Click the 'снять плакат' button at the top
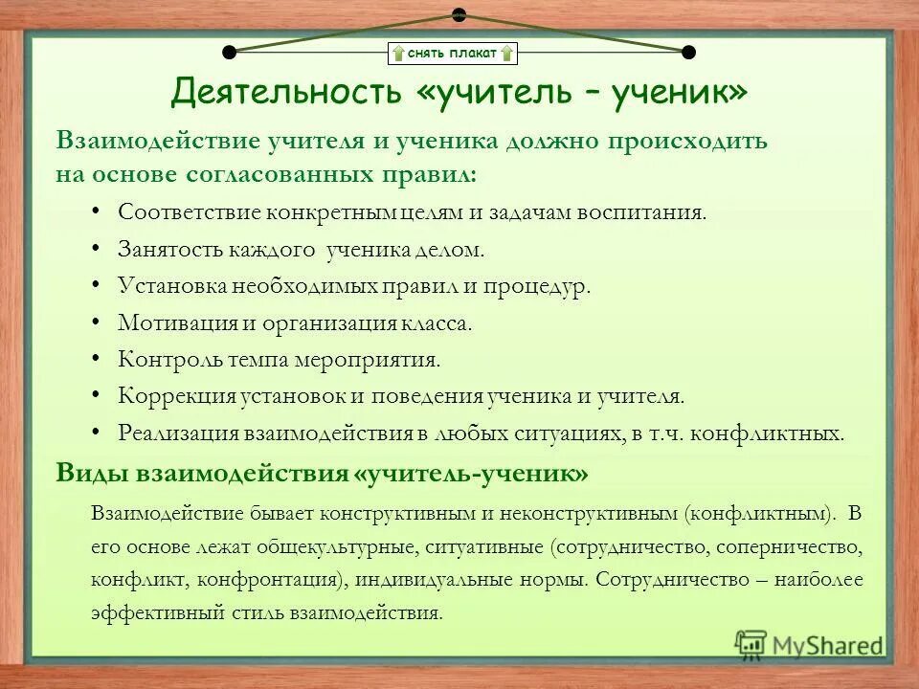452,53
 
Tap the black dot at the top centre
459,14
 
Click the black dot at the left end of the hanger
229,52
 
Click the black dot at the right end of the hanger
688,52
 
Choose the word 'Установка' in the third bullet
170,286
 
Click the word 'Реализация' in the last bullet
177,432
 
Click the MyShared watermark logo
808,643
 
